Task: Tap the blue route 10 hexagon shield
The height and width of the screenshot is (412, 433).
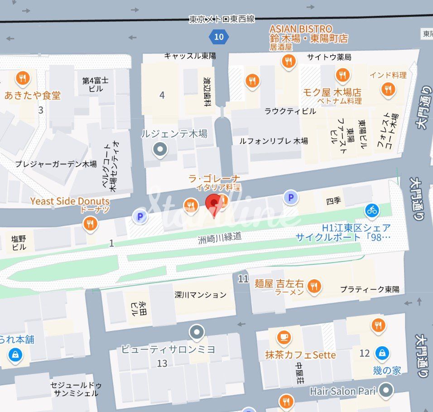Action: [219, 37]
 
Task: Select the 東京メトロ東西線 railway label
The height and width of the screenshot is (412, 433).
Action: [221, 19]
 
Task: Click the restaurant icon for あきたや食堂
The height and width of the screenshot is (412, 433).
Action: [22, 78]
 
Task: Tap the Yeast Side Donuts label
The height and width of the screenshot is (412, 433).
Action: [70, 201]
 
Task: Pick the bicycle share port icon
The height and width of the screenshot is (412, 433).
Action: [372, 210]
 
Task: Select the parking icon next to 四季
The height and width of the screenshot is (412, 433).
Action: [291, 197]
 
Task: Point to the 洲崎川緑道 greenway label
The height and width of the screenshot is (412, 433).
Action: [220, 236]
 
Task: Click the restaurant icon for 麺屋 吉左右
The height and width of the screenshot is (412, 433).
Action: [313, 286]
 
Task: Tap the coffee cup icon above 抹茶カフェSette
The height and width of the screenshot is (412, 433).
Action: [284, 337]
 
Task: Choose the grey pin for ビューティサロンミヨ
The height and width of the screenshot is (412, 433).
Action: [197, 333]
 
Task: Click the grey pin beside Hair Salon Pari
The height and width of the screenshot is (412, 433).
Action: [386, 390]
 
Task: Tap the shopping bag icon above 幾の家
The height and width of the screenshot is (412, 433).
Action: [383, 353]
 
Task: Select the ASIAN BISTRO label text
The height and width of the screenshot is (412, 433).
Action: [301, 29]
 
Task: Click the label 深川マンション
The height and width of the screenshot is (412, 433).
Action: [200, 295]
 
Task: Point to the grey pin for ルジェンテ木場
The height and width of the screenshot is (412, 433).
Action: [159, 149]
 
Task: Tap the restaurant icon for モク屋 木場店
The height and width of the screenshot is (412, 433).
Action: [342, 75]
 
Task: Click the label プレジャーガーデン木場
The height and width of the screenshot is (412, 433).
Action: [56, 164]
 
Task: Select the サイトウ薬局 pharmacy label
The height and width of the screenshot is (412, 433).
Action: [329, 57]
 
